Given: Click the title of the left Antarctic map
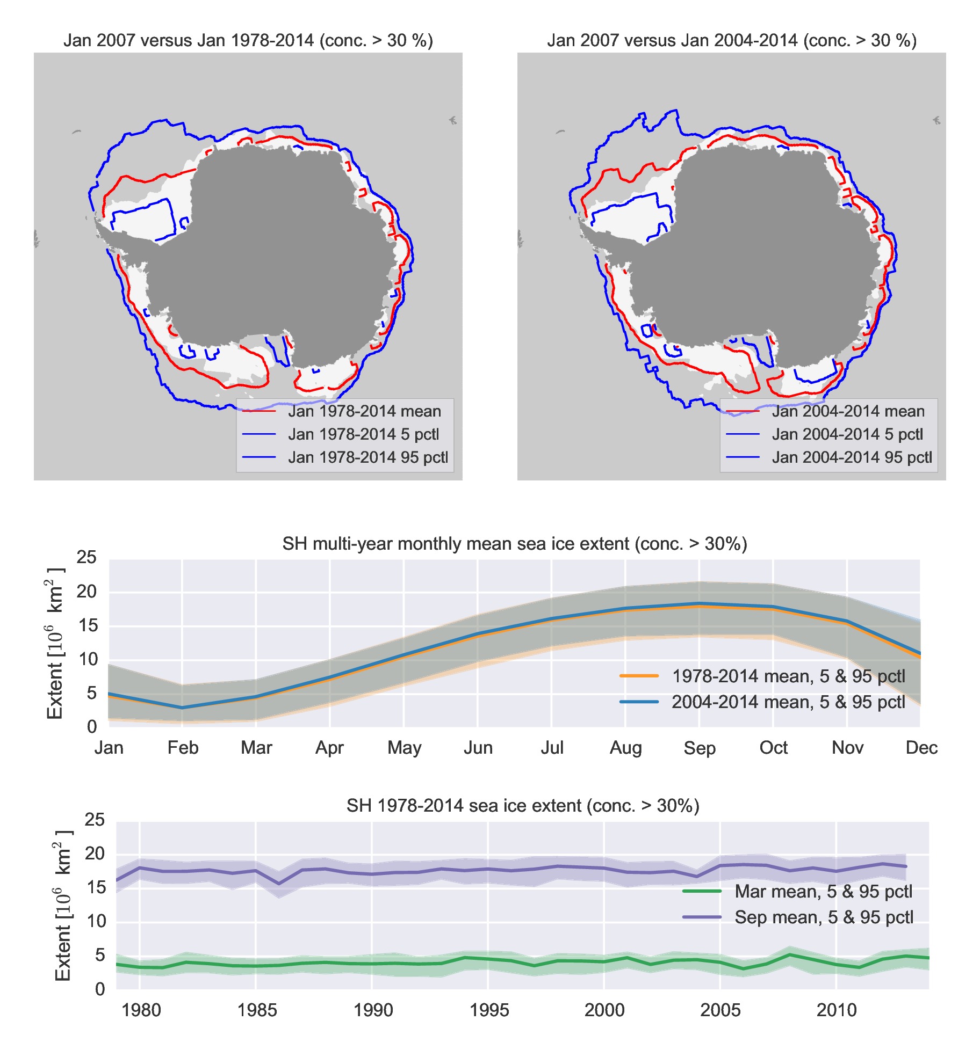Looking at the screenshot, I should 248,41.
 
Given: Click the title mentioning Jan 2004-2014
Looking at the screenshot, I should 731,41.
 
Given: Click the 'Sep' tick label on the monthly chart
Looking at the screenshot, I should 699,748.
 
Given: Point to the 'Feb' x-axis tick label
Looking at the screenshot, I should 183,748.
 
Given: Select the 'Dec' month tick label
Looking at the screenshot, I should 921,748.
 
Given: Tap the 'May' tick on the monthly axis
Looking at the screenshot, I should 404,748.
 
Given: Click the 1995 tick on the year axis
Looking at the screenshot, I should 488,1010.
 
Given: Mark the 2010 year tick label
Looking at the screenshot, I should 836,1010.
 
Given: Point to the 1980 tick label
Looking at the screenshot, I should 141,1010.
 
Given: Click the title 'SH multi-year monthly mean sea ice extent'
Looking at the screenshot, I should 514,544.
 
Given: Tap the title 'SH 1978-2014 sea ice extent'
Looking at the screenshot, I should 522,806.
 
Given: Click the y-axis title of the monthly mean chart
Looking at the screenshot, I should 55,643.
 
